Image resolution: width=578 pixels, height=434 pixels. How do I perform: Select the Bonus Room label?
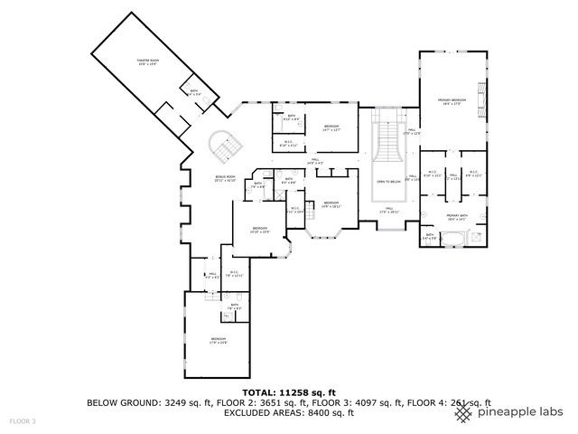click(x=224, y=179)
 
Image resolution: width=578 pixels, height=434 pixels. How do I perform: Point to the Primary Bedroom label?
click(x=452, y=101)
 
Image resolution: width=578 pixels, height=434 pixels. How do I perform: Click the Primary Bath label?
click(x=455, y=215)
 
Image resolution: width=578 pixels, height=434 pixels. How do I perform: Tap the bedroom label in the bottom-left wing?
click(x=219, y=340)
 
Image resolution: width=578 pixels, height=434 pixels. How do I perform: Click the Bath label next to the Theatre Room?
click(x=194, y=91)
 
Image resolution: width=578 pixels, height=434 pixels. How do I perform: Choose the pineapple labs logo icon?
click(x=463, y=412)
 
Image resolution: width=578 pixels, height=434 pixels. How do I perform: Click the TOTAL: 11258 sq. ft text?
click(x=288, y=392)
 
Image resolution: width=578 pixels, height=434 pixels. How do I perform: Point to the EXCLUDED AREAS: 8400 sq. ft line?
click(x=288, y=413)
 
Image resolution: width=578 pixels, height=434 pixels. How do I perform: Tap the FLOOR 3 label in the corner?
click(x=23, y=421)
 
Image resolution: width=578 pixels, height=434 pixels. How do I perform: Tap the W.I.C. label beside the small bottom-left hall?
click(x=234, y=273)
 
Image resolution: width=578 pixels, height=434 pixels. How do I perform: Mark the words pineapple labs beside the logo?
click(x=520, y=412)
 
